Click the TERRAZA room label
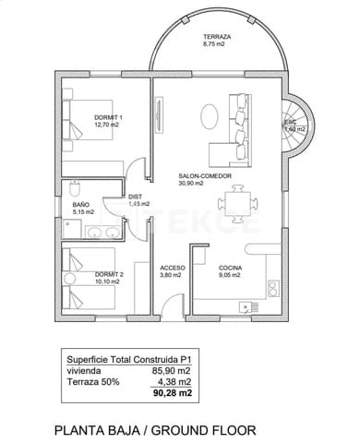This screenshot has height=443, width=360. coord(218,36)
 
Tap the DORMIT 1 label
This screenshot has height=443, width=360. coord(108,117)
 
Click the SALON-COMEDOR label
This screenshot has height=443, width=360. coord(204,175)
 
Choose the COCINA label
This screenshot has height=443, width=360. coord(230,268)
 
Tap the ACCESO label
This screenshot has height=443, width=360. coord(173,268)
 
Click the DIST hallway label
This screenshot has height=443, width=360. coord(135,196)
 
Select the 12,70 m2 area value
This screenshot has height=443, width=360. coord(109,125)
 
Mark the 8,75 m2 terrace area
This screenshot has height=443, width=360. coord(214,43)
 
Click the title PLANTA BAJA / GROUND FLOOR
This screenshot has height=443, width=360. coord(154,430)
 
